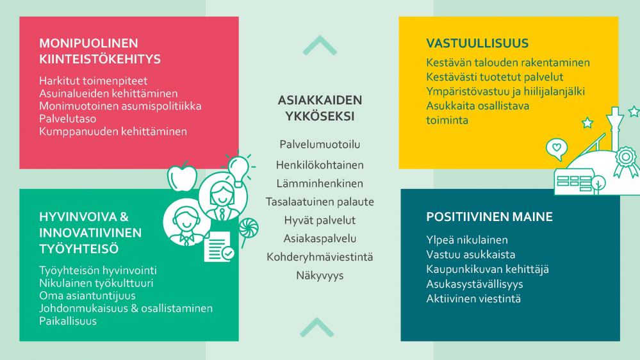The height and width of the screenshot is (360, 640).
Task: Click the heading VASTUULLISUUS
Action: pos(477,44)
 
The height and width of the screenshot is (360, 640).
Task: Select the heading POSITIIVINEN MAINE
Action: pos(489,217)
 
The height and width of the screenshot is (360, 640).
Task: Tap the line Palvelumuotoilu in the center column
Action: pos(320,145)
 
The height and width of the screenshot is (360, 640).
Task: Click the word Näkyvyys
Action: pos(320,276)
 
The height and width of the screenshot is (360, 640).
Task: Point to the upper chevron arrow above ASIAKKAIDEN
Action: pos(320,45)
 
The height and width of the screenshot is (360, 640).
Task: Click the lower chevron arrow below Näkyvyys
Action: pos(316,327)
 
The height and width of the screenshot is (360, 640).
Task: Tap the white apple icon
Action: pos(182,177)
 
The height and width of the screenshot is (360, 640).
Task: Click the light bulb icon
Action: pos(239,169)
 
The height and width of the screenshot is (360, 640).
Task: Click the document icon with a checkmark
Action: pos(218,247)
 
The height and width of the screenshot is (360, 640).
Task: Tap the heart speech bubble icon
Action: pos(557,149)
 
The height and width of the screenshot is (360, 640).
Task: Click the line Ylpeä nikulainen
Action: pos(467,240)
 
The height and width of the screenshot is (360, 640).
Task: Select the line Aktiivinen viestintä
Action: pos(473,299)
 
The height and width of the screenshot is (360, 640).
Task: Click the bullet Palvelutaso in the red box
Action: pos(68,119)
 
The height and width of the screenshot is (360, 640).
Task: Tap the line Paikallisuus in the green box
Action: pos(68,321)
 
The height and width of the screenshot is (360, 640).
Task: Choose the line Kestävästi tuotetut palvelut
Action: pos(495,77)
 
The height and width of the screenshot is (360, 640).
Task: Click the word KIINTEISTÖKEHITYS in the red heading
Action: pos(100,59)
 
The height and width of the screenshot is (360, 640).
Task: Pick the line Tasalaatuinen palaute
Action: pos(320,202)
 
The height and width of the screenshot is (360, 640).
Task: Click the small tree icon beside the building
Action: pos(598,184)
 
